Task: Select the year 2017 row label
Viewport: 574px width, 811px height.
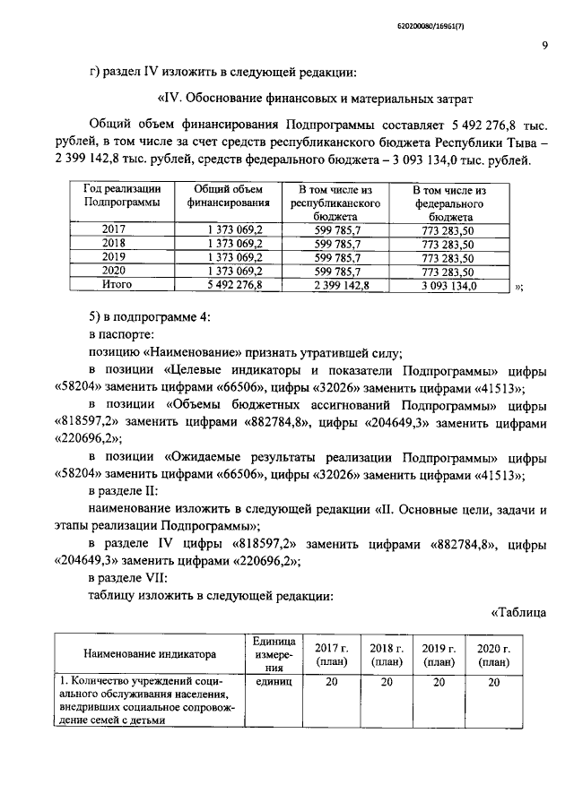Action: coord(115,229)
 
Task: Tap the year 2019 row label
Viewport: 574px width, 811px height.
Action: coord(115,257)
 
